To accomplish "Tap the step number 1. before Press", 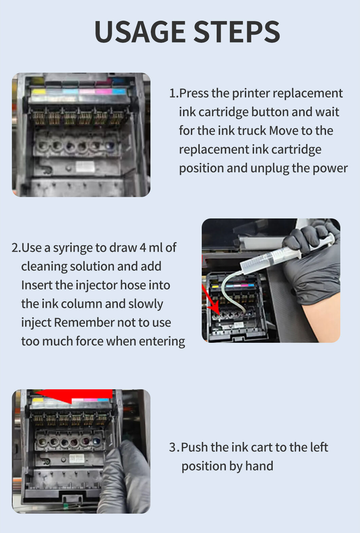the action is click(x=174, y=93).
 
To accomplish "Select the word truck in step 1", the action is click(x=252, y=131).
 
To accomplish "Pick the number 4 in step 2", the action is click(x=143, y=247).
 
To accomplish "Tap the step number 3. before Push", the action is click(x=175, y=447).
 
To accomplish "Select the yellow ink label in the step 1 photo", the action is click(x=38, y=92).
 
